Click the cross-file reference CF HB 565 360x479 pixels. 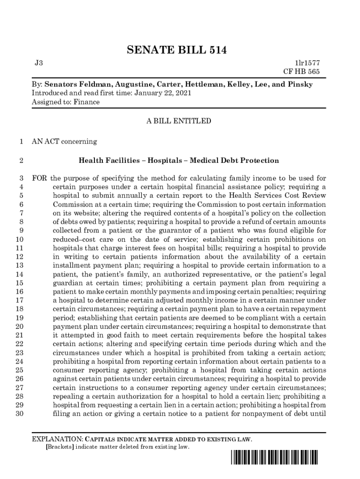coord(302,72)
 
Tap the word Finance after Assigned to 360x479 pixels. coord(86,102)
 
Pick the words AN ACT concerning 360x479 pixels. coord(64,141)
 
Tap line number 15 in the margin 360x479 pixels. coord(20,283)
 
